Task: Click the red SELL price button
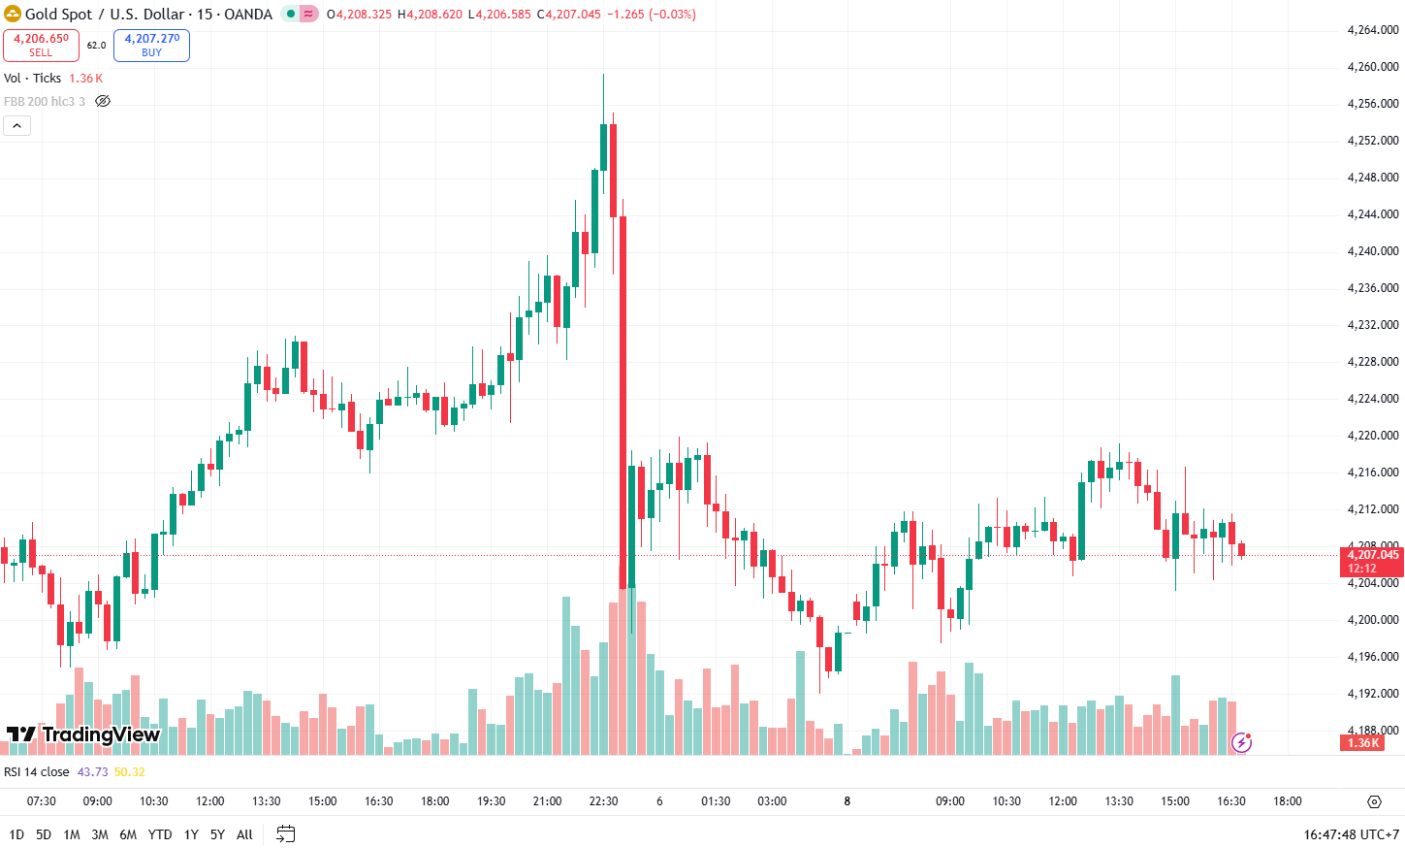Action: (x=41, y=45)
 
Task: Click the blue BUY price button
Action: (x=151, y=45)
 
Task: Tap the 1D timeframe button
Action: (x=16, y=834)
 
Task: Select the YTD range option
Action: (x=160, y=834)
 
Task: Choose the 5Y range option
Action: (x=217, y=834)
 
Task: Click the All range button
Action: (x=244, y=834)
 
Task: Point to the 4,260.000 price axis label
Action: (x=1373, y=67)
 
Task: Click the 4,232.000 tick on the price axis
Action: (x=1373, y=325)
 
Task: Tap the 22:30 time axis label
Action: (x=603, y=801)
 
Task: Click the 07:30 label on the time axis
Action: (x=42, y=801)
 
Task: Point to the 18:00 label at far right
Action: (x=1288, y=801)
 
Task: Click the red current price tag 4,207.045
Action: (x=1373, y=555)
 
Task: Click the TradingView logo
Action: (x=83, y=734)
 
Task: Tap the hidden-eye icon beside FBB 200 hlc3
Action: (x=103, y=101)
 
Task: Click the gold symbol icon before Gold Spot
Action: (x=13, y=14)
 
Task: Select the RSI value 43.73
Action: (x=92, y=772)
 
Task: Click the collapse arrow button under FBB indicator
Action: (x=17, y=125)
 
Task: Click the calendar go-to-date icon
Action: (x=285, y=833)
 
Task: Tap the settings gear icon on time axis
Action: (x=1374, y=801)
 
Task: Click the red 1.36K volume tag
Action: (x=1363, y=743)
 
